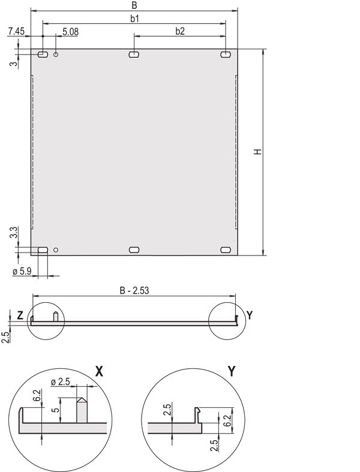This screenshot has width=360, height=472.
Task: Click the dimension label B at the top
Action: coord(134,5)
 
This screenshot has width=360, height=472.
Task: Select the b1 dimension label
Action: coord(135,19)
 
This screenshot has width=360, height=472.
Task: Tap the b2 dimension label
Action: coord(180,31)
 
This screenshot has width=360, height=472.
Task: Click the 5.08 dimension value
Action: coord(70,31)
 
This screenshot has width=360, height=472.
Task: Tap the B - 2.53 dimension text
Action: coord(133,291)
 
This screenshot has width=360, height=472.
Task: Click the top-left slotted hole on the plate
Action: coord(43,55)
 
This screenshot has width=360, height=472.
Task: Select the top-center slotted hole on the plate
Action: coord(134,55)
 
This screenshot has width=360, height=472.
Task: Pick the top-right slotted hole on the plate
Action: coord(226,55)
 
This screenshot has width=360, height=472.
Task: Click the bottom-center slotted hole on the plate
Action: coord(134,249)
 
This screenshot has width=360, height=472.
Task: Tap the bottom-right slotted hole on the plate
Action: coord(226,249)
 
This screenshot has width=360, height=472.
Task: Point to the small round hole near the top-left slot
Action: coord(56,55)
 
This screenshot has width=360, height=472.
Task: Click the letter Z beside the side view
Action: coord(20,315)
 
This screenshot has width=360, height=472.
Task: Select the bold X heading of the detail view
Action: coord(99,371)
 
